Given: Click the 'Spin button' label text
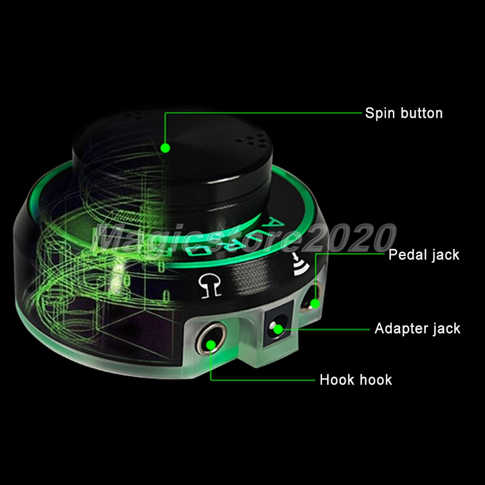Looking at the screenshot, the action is [x=404, y=113].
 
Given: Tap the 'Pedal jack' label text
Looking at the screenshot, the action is [x=424, y=255].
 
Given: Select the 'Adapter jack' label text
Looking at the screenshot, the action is [x=417, y=328].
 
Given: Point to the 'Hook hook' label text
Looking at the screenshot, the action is [x=356, y=380].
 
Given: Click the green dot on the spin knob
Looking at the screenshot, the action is [x=165, y=148].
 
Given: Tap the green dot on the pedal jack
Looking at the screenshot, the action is [x=315, y=304].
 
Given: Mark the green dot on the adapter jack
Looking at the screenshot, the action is [x=278, y=329].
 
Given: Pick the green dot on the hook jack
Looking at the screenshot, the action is [x=211, y=344].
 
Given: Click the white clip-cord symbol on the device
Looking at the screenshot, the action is [x=210, y=286].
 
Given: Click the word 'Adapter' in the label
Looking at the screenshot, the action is [x=399, y=328].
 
